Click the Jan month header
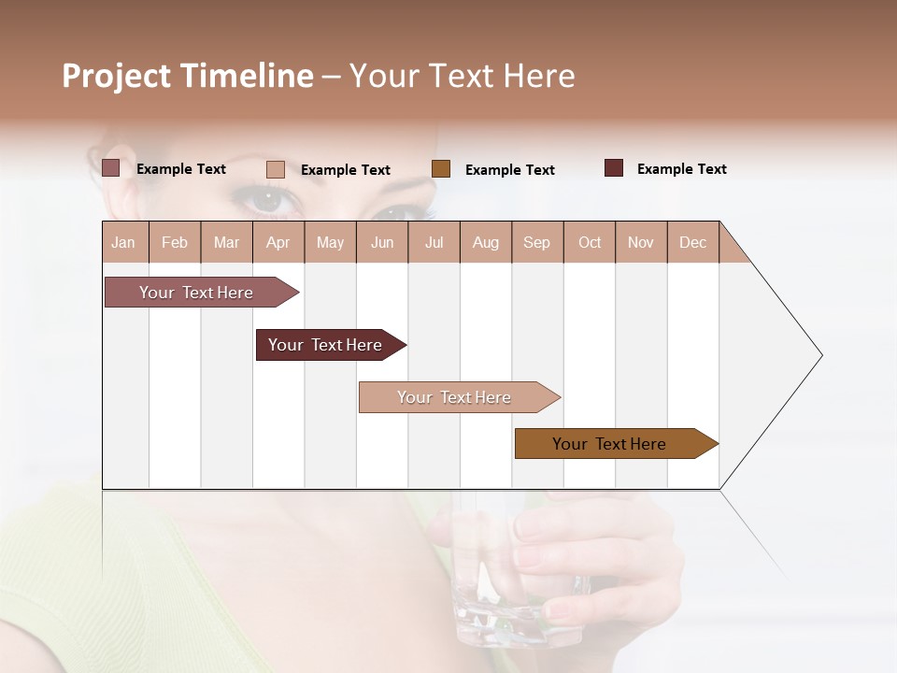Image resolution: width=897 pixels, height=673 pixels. coord(123,242)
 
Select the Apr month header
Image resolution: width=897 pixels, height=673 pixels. coord(278,242)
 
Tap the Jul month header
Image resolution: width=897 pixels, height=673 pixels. coord(434,242)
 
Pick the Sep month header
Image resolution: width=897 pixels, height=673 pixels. coord(536,242)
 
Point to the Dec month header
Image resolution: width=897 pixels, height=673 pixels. coord(692,242)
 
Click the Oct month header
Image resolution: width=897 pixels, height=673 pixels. coord(589,242)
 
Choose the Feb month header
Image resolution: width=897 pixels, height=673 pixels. coord(175,242)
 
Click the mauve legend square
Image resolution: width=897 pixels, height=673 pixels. coord(111,168)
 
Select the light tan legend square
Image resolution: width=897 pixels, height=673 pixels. coord(276,169)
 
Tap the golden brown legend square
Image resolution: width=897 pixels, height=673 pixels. coord(441,169)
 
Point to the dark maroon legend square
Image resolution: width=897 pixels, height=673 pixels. coord(614,168)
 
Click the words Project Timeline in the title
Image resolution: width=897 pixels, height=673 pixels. coord(187,76)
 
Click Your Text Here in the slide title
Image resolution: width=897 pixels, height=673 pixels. coord(463,76)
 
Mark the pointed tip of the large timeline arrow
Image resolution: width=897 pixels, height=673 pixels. coord(820,355)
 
